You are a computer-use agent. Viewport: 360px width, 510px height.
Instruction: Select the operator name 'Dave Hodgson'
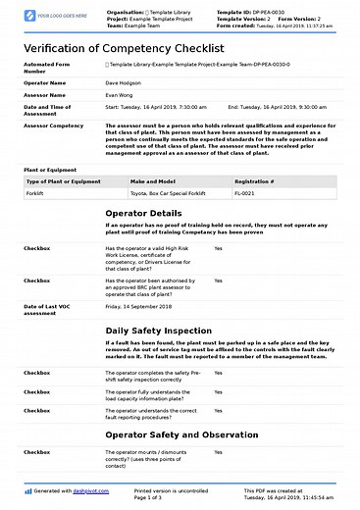(x=125, y=84)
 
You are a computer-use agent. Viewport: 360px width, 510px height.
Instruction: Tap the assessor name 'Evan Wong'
(x=120, y=96)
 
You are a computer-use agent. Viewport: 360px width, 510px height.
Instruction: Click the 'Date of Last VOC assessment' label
(x=49, y=311)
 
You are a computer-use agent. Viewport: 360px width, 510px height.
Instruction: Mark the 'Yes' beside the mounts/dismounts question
(x=218, y=451)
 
